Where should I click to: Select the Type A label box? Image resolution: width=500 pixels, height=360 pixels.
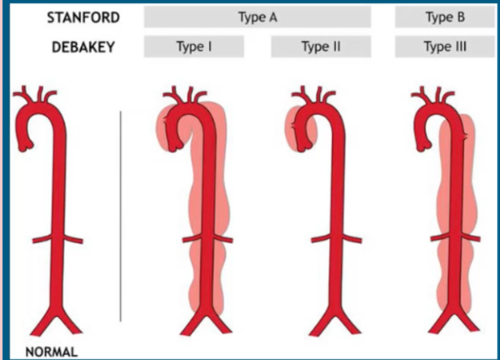point(257,17)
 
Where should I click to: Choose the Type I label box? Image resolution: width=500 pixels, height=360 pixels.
point(194,47)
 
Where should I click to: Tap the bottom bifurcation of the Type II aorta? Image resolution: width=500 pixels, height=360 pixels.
point(328,319)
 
